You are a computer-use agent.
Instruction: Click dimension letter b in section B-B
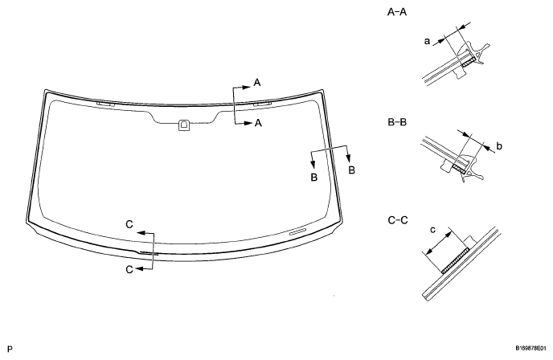[x=499, y=147]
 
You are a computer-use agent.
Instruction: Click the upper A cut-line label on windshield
[x=257, y=82]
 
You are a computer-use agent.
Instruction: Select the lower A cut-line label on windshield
[x=257, y=123]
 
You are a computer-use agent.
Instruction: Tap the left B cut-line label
[x=314, y=175]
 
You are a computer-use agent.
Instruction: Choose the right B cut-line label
[x=351, y=170]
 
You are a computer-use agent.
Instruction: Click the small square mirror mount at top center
[x=184, y=124]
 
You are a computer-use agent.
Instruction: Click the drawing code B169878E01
[x=528, y=350]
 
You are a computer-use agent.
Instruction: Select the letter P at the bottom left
[x=8, y=350]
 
